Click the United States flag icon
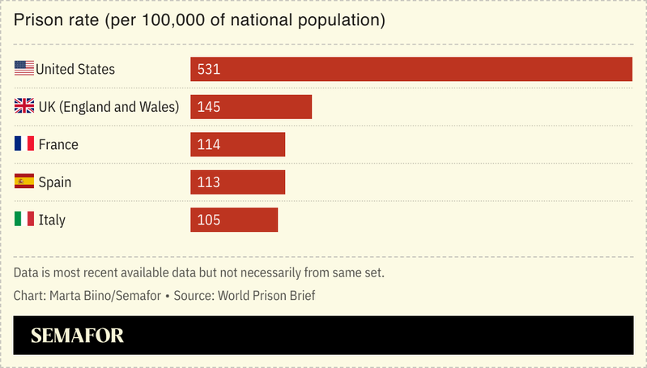coord(24,69)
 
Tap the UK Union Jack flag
coord(24,106)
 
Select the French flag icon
coord(24,144)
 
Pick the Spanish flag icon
coord(24,182)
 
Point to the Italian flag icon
coord(24,219)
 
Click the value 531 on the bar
coord(209,70)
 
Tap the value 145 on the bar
coord(209,107)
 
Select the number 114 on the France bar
coord(209,144)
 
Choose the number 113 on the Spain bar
coord(209,182)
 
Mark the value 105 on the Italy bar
coord(209,220)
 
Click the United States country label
coord(75,70)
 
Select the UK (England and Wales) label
coord(109,107)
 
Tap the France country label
coord(58,144)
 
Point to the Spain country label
coord(55,182)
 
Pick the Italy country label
coord(52,220)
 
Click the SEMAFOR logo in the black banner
coord(78,336)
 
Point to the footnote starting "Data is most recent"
coord(199,272)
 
